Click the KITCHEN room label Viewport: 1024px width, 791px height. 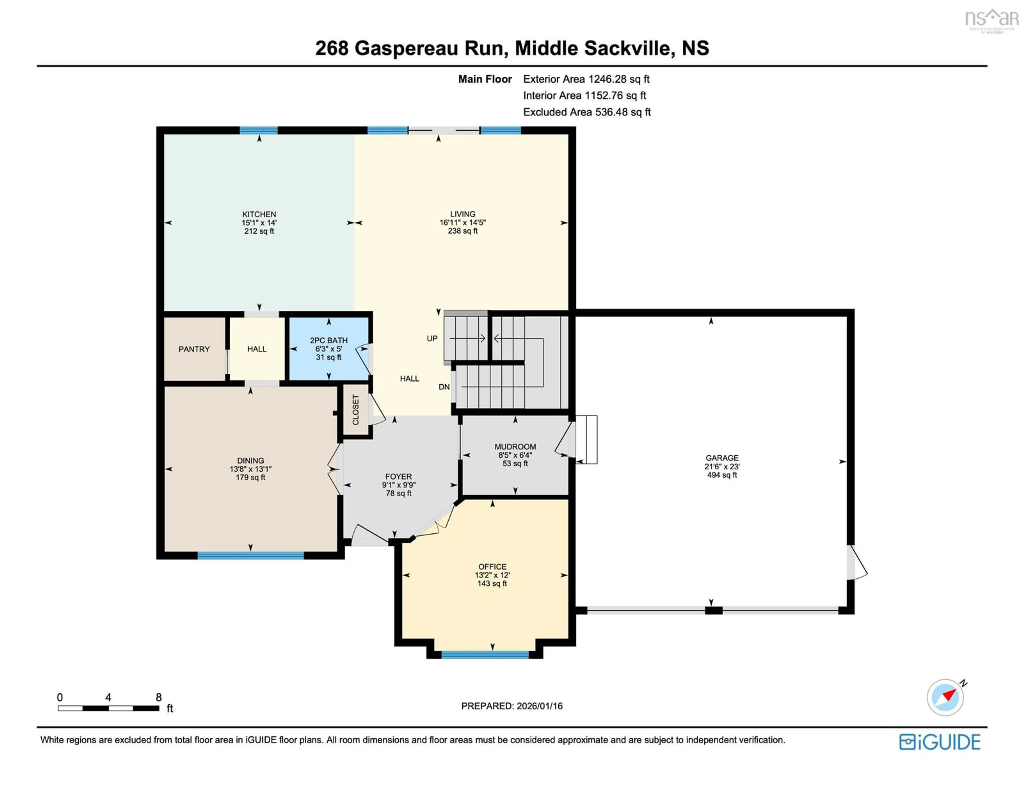[x=259, y=214]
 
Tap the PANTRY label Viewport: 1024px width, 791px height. [x=194, y=349]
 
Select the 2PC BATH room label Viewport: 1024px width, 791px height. [x=329, y=340]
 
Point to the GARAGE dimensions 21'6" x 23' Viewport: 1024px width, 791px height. [x=722, y=466]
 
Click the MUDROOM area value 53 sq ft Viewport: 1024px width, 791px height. [x=515, y=464]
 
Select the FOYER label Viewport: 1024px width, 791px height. [x=399, y=476]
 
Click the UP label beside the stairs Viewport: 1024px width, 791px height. [x=432, y=338]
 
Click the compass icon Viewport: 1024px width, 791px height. [x=945, y=697]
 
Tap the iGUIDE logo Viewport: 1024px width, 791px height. [x=940, y=742]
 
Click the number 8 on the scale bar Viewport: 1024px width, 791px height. [x=158, y=697]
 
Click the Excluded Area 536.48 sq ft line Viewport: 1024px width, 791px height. [x=587, y=112]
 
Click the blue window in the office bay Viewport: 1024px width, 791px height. [x=485, y=655]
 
